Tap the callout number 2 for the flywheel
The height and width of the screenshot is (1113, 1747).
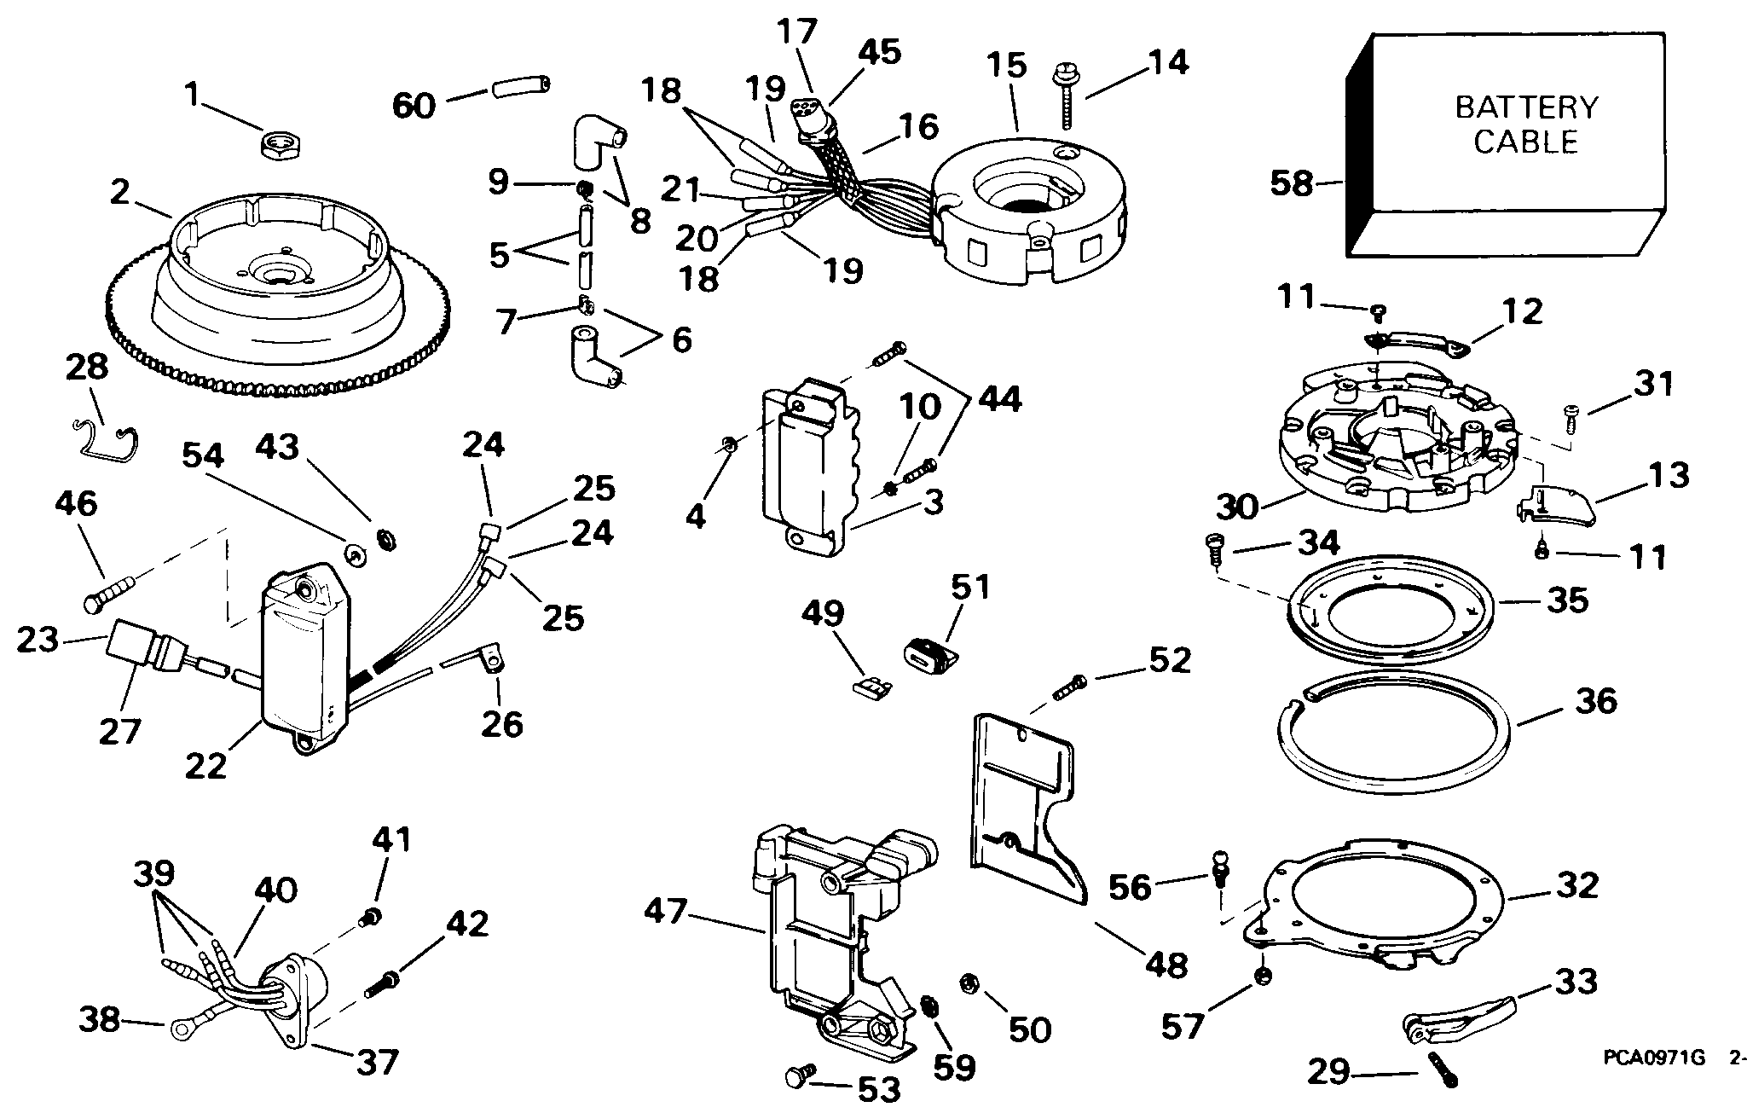[119, 193]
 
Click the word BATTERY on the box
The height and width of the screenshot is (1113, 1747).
[1525, 107]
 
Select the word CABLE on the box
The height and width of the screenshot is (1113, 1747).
[1525, 142]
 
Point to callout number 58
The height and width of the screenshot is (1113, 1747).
[1291, 183]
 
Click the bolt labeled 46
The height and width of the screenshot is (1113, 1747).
[110, 593]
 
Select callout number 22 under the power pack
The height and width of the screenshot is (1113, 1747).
[206, 765]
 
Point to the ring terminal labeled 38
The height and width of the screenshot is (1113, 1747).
[181, 1030]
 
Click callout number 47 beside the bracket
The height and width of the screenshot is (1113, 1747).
[665, 913]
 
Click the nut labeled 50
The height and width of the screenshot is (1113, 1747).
[969, 983]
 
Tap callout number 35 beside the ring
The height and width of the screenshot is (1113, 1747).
[1569, 600]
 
